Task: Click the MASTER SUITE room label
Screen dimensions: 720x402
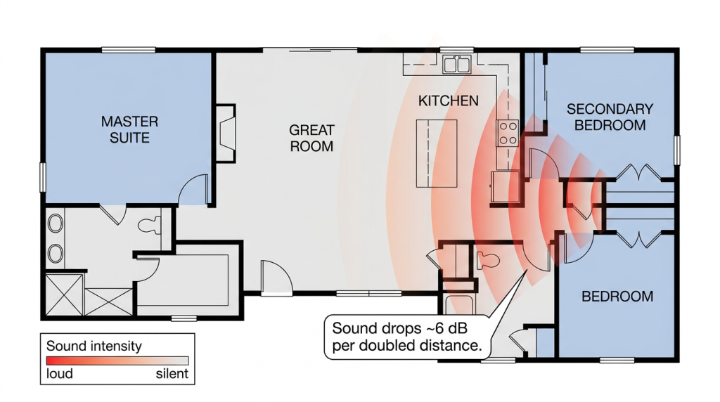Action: point(129,129)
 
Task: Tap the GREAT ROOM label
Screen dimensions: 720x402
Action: point(311,138)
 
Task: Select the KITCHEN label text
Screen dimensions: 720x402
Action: point(448,101)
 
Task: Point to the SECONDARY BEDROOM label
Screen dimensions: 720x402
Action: point(610,117)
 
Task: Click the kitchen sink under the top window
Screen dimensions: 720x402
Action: point(457,64)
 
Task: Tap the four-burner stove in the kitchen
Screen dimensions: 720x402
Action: point(508,133)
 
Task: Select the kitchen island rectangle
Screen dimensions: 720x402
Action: point(437,153)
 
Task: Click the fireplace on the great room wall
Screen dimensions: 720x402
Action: point(226,134)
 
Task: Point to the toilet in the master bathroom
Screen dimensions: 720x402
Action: point(149,226)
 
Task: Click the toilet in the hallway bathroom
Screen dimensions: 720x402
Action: point(488,261)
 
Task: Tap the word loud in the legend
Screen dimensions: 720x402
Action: point(60,374)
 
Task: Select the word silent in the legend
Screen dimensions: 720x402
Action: point(172,374)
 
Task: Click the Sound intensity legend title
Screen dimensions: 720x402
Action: point(94,346)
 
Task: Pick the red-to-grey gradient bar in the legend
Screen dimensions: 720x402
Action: point(117,361)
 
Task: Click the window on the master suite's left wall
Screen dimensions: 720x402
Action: point(43,177)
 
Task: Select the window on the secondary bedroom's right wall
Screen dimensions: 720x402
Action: point(677,150)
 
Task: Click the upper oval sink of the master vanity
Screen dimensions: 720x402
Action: point(56,223)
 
